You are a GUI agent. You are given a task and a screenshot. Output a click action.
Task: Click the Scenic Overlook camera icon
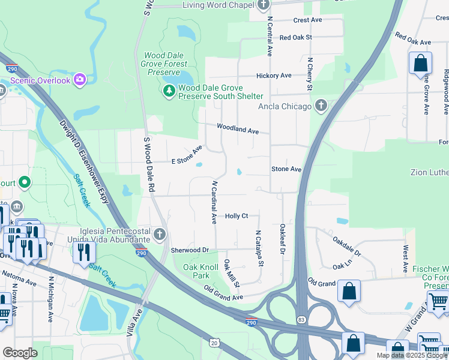pos(80,80)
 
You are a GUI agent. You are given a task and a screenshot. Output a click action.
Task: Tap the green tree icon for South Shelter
pos(169,91)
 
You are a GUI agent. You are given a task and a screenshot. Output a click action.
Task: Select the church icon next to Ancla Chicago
pos(321,106)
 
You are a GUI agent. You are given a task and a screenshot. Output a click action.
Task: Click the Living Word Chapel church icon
pos(264,5)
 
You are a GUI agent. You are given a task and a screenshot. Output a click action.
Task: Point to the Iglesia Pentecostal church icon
pos(160,234)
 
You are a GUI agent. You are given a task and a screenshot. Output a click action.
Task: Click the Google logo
pos(20,353)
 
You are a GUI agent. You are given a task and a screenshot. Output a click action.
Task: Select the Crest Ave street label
pos(308,20)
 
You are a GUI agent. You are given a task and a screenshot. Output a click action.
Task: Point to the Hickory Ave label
pos(273,76)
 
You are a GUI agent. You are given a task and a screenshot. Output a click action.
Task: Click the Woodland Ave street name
pos(237,129)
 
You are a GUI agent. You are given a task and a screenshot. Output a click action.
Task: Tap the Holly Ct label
pos(237,216)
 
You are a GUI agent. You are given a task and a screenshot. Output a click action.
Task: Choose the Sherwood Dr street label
pos(189,250)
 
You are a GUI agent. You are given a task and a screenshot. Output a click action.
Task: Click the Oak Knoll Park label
pos(196,271)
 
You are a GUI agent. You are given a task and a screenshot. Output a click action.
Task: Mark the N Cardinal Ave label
pos(213,202)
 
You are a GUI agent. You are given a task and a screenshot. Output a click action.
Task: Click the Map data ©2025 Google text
pos(411,355)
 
